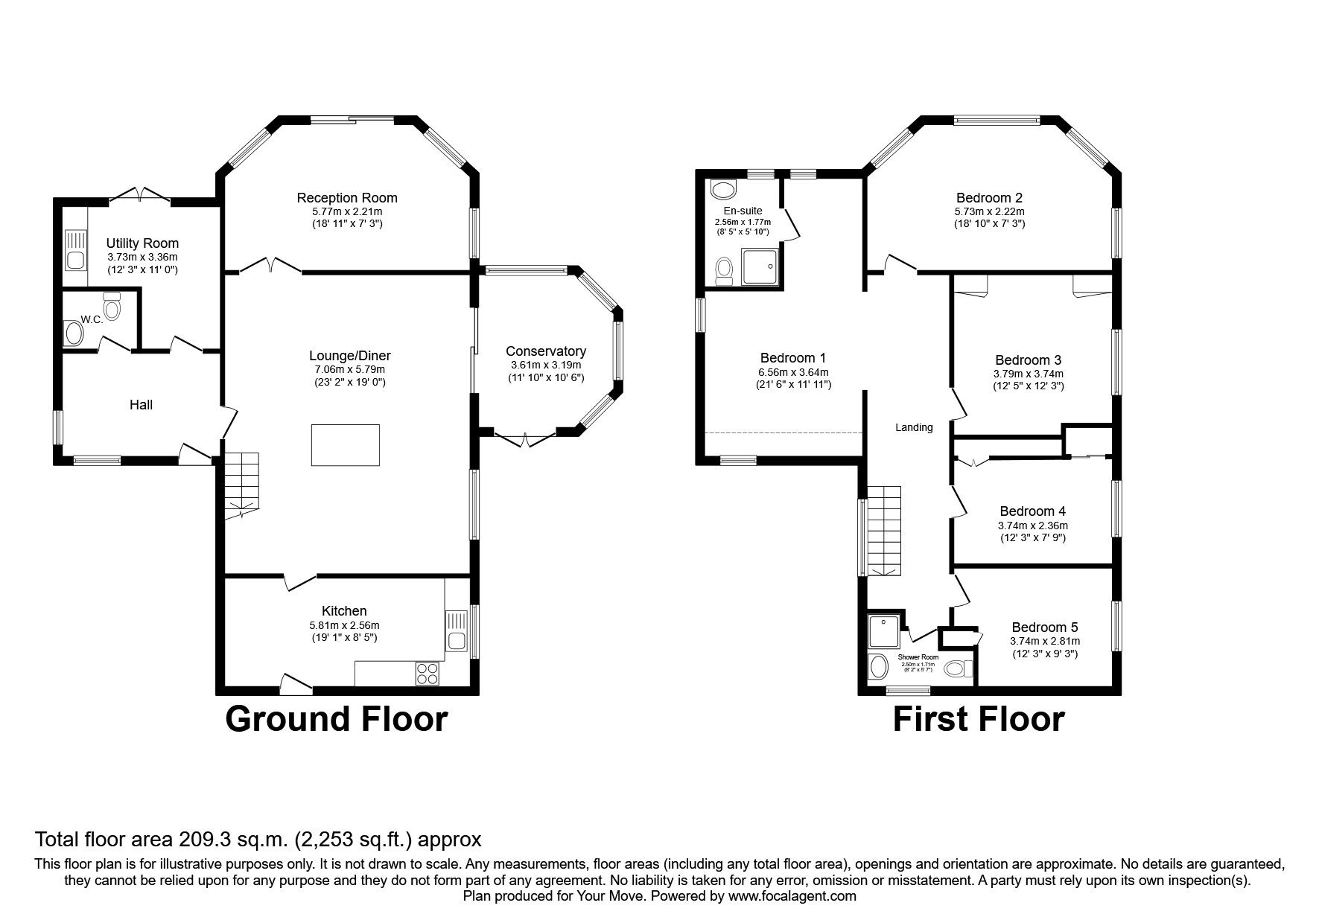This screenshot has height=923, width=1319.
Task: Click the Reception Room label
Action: [346, 197]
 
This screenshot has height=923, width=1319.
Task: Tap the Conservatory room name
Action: [545, 351]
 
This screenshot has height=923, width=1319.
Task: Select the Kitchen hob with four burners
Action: [427, 673]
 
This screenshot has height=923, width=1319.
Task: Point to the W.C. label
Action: [92, 319]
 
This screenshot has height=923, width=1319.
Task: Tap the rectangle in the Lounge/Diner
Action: [345, 445]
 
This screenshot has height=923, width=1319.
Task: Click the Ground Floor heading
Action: [336, 719]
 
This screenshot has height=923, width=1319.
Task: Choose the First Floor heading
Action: [978, 719]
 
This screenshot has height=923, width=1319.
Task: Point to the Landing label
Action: [913, 427]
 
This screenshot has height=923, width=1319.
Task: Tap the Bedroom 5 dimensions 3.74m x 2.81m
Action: [1044, 641]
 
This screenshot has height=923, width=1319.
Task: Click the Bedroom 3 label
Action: [1028, 360]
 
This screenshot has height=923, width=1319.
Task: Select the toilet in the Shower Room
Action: [958, 668]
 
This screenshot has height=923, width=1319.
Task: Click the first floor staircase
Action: [883, 530]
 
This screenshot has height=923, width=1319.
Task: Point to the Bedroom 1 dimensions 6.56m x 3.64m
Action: [793, 371]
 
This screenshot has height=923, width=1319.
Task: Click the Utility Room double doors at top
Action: [142, 194]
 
